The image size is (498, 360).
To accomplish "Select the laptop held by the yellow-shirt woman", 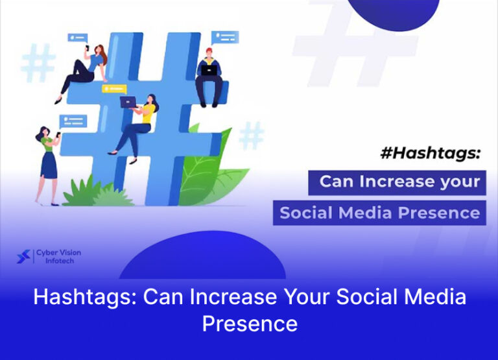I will click(128, 102).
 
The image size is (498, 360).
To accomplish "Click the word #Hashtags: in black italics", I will click(431, 154).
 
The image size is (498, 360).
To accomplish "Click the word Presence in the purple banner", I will click(444, 212).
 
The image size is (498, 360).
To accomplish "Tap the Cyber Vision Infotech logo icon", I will click(23, 257).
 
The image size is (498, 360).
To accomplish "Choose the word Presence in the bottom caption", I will click(250, 322).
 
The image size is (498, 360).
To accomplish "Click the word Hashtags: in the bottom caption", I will click(85, 298).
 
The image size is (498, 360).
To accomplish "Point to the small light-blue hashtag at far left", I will click(37, 63).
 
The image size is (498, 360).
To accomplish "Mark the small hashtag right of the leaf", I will click(252, 136).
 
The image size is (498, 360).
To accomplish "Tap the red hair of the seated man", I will click(209, 50).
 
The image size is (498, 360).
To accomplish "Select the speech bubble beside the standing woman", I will click(73, 121).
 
